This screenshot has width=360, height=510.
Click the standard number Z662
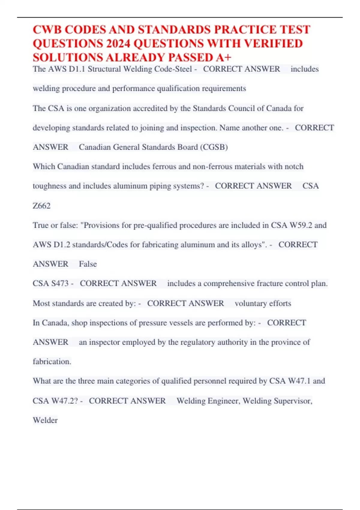[x=41, y=206]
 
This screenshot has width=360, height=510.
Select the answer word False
[x=88, y=264]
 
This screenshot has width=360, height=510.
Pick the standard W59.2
[x=301, y=225]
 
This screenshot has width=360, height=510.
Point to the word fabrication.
[x=51, y=361]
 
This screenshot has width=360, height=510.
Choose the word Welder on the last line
[x=45, y=420]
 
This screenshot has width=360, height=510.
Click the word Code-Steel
[x=173, y=69]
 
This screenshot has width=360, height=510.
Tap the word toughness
[x=49, y=186]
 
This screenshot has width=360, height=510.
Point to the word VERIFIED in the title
[x=273, y=44]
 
